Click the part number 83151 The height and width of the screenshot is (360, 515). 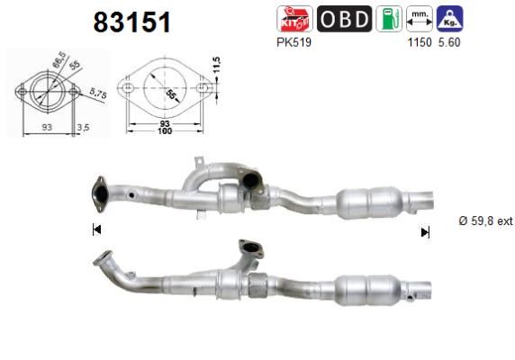coord(132,22)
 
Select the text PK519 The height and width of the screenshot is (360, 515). coord(293,41)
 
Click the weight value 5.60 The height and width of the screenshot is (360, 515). coord(447,42)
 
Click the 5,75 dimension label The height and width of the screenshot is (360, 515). coord(98,93)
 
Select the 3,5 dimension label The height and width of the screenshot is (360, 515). coord(83,127)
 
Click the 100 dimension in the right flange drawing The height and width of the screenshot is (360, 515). coord(165,131)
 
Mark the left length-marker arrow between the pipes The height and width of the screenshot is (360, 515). coord(96,230)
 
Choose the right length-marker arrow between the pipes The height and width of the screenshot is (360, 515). coord(425,232)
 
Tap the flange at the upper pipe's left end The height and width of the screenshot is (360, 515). coord(99,192)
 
